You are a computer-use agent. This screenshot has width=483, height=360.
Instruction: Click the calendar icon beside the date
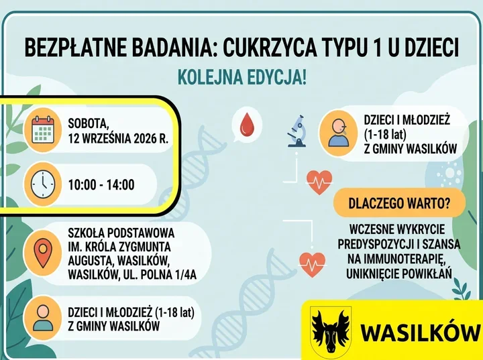tap(43, 129)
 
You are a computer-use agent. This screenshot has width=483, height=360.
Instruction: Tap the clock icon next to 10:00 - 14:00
tap(43, 184)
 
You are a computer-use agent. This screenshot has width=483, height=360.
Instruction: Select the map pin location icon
tap(43, 253)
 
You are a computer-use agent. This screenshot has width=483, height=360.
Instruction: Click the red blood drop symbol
tap(246, 125)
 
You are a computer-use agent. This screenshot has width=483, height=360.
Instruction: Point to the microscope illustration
tap(297, 131)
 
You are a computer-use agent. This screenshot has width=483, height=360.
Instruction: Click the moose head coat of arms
tap(331, 330)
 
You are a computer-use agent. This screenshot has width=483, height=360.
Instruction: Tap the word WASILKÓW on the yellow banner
tap(420, 333)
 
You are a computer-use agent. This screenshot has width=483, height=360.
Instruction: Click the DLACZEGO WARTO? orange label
tap(399, 203)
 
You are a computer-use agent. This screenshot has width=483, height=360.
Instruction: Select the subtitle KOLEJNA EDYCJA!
tap(242, 77)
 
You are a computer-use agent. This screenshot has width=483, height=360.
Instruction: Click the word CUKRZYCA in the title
tap(270, 48)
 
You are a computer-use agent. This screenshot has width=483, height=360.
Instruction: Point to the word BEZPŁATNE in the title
tap(75, 48)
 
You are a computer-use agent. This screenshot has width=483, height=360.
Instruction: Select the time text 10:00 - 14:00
tap(101, 185)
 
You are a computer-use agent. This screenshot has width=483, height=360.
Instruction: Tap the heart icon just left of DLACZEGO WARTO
tap(319, 182)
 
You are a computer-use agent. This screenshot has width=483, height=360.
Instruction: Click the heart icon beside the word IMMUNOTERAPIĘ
tap(312, 265)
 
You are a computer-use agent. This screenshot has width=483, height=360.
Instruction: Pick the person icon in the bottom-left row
tap(43, 318)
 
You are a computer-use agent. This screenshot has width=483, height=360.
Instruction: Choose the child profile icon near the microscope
tap(338, 133)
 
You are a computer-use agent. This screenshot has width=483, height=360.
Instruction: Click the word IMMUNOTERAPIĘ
tap(396, 259)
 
